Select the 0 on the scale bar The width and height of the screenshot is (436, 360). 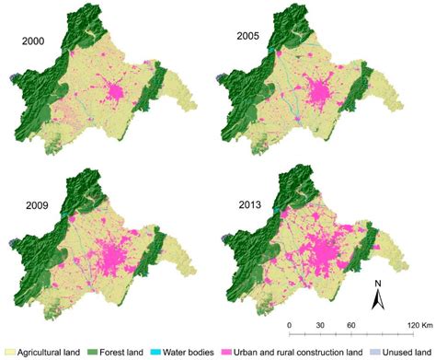coord(289,327)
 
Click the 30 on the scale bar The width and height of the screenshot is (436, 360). coord(321,327)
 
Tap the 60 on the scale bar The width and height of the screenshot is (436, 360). coord(351,327)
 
